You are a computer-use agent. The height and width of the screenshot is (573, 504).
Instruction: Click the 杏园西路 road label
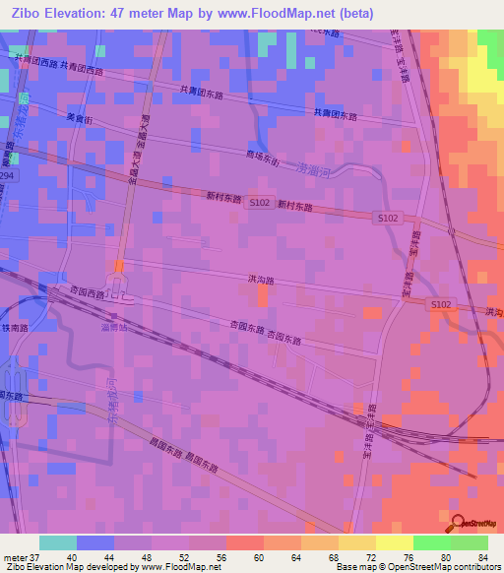pyautogui.click(x=87, y=292)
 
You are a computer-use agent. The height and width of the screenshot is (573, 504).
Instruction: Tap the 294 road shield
pyautogui.click(x=9, y=175)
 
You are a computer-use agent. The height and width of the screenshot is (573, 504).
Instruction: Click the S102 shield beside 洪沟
pyautogui.click(x=441, y=305)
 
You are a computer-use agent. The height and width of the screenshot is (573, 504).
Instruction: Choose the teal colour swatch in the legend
pyautogui.click(x=57, y=542)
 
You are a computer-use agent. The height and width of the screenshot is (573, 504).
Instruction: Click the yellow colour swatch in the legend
pyautogui.click(x=395, y=542)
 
